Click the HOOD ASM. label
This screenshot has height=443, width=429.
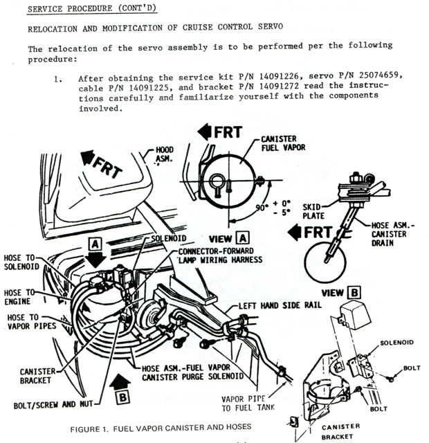click(165, 154)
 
